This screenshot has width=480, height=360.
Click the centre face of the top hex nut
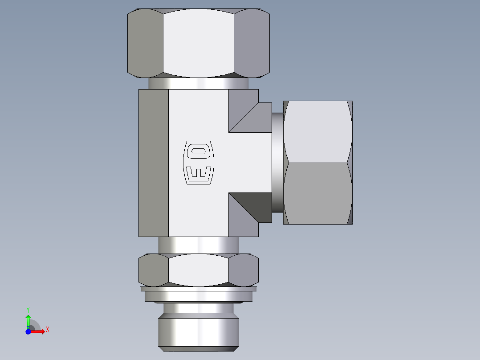coord(198,43)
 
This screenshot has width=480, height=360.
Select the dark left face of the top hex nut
coord(145,43)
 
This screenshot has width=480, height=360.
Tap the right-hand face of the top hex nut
coord(252,43)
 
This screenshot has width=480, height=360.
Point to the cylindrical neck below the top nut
coord(198,83)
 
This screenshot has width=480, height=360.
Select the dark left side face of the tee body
coord(154,163)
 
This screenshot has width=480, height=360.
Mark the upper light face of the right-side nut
coord(317,131)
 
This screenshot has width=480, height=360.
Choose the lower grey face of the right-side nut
coord(317,194)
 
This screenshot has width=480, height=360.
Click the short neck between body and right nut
coord(277,163)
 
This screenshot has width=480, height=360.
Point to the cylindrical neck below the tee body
coord(198,245)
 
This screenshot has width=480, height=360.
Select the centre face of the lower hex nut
coord(198,270)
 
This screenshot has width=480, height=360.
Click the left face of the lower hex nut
coord(153,270)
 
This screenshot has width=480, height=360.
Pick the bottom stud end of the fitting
coord(198,332)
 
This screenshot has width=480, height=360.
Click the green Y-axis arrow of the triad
coord(28,319)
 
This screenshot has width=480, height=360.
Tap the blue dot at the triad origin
coord(28,331)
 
